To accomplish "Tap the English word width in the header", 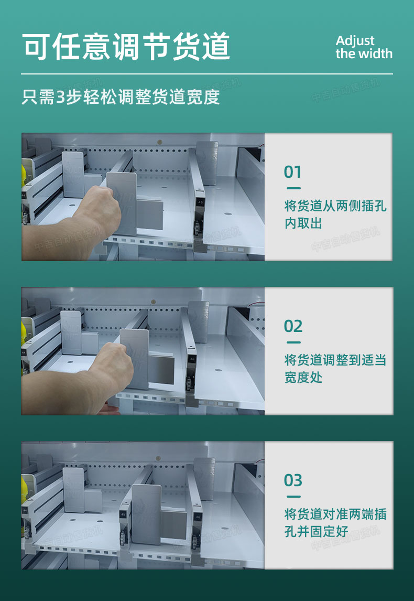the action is pyautogui.click(x=374, y=53).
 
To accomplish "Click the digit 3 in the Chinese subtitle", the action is pyautogui.click(x=61, y=98).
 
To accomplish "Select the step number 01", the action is pyautogui.click(x=292, y=172).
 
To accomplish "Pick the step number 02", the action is pyautogui.click(x=293, y=326).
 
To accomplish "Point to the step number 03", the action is pyautogui.click(x=293, y=480).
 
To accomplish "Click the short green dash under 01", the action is pyautogui.click(x=293, y=188).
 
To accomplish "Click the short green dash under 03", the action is pyautogui.click(x=293, y=496).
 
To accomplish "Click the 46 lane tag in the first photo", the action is pyautogui.click(x=200, y=201).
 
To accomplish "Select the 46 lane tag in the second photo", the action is pyautogui.click(x=192, y=359).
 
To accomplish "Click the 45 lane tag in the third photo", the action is pyautogui.click(x=123, y=514).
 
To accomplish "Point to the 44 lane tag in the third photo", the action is pyautogui.click(x=25, y=511).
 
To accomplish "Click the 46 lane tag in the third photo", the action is pyautogui.click(x=198, y=517).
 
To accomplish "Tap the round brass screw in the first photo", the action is pyautogui.click(x=160, y=142).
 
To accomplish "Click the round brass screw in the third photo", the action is pyautogui.click(x=158, y=458).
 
